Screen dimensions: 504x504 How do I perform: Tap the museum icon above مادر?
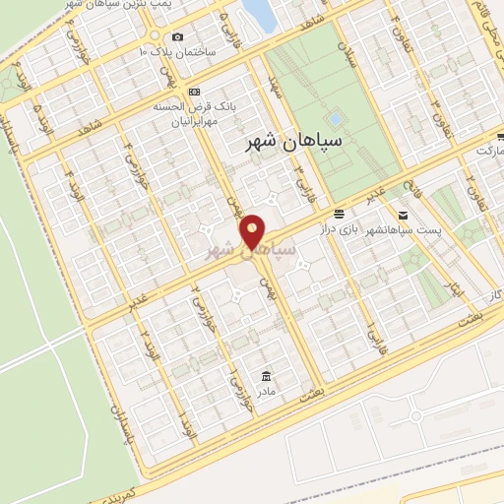coord(266,375)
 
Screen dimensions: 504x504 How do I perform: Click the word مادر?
coord(267,392)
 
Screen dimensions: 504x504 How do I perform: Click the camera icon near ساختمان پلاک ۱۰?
coord(178,37)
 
